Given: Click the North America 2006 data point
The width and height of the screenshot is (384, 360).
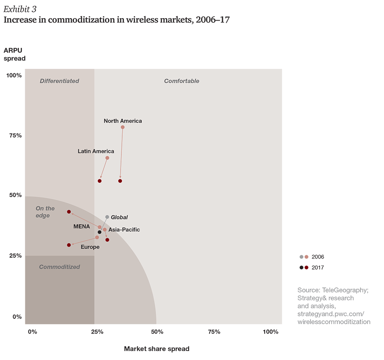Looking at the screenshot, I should pyautogui.click(x=123, y=127).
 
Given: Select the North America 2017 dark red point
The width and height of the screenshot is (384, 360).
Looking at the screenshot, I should pyautogui.click(x=120, y=181).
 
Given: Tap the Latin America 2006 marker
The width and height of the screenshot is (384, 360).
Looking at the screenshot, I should pyautogui.click(x=107, y=158).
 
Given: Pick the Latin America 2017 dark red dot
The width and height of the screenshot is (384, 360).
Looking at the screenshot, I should pyautogui.click(x=100, y=181).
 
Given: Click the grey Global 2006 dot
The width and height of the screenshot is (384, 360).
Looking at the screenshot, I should pyautogui.click(x=107, y=217).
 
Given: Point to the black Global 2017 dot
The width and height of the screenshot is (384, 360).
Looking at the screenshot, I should pyautogui.click(x=100, y=232).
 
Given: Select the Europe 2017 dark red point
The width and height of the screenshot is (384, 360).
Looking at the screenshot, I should pyautogui.click(x=69, y=245).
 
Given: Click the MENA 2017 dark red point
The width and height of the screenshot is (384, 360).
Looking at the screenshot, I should pyautogui.click(x=69, y=212).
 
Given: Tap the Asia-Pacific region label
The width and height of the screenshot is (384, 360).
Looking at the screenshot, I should pyautogui.click(x=124, y=230).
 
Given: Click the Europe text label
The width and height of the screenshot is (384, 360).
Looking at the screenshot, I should pyautogui.click(x=90, y=247).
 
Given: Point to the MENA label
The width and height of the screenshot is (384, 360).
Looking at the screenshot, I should pyautogui.click(x=82, y=226).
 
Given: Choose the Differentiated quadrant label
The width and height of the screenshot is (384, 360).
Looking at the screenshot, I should pyautogui.click(x=59, y=81).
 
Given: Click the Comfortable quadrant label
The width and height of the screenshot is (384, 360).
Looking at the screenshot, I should pyautogui.click(x=182, y=81).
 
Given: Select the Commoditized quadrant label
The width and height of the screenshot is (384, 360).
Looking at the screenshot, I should pyautogui.click(x=59, y=267).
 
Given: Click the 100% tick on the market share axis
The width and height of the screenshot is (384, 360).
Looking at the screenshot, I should pyautogui.click(x=270, y=332).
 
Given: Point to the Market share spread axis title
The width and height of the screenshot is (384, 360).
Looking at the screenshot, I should pyautogui.click(x=157, y=349).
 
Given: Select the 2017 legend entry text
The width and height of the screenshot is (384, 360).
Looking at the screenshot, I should pyautogui.click(x=318, y=268).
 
